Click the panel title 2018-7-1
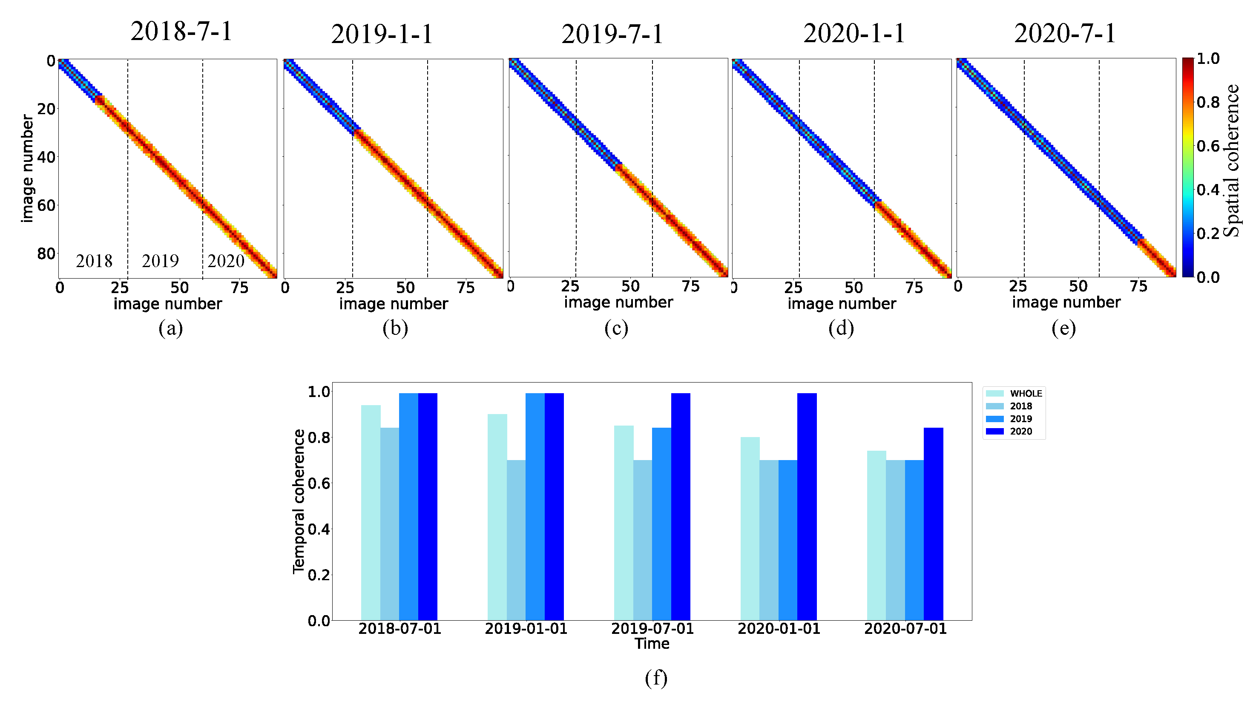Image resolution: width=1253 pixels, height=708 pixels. click(x=181, y=32)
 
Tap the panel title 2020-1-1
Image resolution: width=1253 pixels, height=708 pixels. click(x=854, y=34)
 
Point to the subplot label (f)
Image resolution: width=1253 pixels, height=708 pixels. click(x=656, y=677)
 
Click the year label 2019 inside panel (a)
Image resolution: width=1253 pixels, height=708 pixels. click(x=160, y=261)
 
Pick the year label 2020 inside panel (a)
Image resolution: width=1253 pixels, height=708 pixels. click(x=226, y=261)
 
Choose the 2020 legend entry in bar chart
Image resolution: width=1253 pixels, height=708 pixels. click(x=1020, y=432)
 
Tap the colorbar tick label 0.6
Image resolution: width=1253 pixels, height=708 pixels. click(x=1208, y=146)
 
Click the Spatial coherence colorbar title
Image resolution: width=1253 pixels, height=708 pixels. click(x=1231, y=161)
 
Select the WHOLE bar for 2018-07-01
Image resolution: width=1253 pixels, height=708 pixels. click(x=371, y=512)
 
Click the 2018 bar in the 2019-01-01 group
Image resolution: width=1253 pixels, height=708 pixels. click(x=516, y=540)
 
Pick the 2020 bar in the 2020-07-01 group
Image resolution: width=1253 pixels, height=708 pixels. click(x=933, y=524)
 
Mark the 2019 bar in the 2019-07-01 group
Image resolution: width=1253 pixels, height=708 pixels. click(x=661, y=524)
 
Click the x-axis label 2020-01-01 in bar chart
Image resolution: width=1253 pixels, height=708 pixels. click(x=779, y=629)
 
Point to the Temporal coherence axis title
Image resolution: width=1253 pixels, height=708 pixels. click(x=298, y=501)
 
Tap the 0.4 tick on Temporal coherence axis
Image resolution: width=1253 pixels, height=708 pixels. click(x=319, y=530)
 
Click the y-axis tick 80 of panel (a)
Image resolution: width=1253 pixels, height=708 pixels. click(x=46, y=253)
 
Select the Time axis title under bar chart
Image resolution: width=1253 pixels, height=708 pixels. click(x=652, y=644)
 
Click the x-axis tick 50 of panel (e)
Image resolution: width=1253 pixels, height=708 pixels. click(x=1078, y=286)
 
